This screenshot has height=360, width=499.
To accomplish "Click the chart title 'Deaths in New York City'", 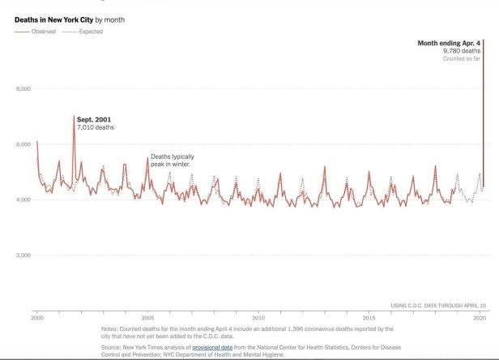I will coord(52,18).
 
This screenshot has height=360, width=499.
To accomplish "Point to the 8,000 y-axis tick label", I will coord(23,88).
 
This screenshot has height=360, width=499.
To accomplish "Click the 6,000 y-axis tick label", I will coord(23,144).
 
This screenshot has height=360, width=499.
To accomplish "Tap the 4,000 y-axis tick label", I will coord(23,199).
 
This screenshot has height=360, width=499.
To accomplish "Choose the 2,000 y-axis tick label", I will coord(23,255).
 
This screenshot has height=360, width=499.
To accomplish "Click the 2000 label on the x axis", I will coord(36,316).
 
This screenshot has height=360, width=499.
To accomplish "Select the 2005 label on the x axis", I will coord(147,316).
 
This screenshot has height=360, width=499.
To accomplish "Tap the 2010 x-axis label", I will coord(258,316).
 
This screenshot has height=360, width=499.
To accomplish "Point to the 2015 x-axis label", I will coord(369,316).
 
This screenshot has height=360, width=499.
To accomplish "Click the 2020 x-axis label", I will coord(480,316).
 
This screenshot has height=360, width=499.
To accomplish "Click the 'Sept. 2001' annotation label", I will coord(94,120).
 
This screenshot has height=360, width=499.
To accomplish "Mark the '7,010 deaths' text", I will coord(96,128).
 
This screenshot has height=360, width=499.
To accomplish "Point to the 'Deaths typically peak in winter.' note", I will coord(173,161).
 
